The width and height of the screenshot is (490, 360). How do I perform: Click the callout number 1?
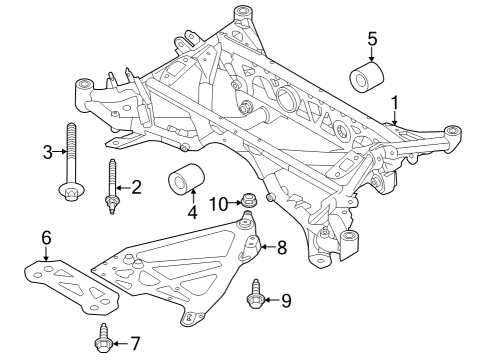point(395,102)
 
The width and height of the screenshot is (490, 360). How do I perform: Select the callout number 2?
point(136,186)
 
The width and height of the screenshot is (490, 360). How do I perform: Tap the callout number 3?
point(47,152)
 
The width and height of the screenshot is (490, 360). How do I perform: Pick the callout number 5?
point(372,39)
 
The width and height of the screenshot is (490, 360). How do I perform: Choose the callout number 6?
point(46,237)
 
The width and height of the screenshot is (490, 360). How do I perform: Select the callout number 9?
point(285,298)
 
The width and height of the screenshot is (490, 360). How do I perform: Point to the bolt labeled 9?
point(256,294)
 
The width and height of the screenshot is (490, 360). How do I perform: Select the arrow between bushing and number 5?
point(371,55)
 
